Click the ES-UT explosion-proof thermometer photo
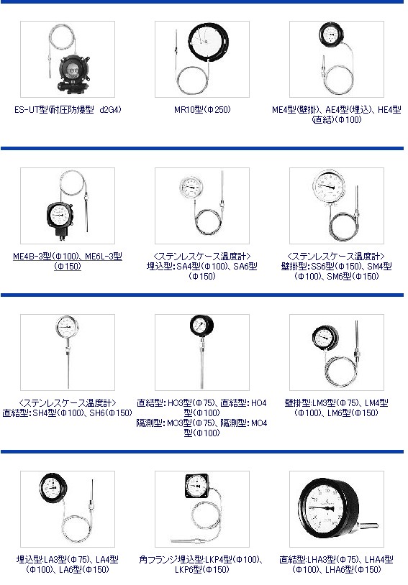pyautogui.click(x=68, y=60)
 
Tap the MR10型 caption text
pyautogui.click(x=202, y=110)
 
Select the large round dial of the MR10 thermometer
pyautogui.click(x=208, y=42)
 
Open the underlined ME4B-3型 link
pyautogui.click(x=68, y=261)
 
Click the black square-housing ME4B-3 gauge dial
pyautogui.click(x=60, y=216)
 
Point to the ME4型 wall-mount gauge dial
pyautogui.click(x=331, y=35)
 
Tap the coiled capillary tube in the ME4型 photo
pyautogui.click(x=339, y=80)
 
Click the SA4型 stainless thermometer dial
pyautogui.click(x=191, y=186)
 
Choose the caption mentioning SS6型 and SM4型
pyautogui.click(x=337, y=267)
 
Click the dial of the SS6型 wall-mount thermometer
pyautogui.click(x=329, y=186)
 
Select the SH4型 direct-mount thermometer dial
pyautogui.click(x=67, y=328)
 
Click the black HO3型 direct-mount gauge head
pyautogui.click(x=201, y=326)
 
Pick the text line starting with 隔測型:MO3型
pyautogui.click(x=201, y=428)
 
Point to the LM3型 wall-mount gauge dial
pyautogui.click(x=325, y=338)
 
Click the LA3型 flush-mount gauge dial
pyautogui.click(x=53, y=487)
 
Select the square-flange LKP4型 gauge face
pyautogui.click(x=197, y=486)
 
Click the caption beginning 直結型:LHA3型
pyautogui.click(x=336, y=564)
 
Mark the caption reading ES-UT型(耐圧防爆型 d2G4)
pyautogui.click(x=68, y=110)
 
